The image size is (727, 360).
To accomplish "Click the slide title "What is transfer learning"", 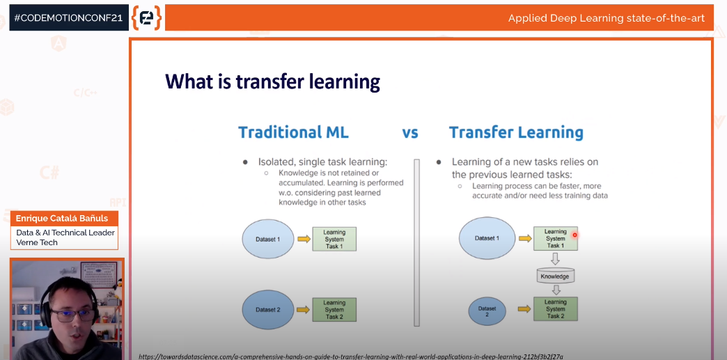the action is point(273,81).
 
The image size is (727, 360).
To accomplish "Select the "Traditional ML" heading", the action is point(293,133).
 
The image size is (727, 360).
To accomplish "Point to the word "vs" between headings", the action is point(410,134).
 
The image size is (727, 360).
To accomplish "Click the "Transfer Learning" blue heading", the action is point(516,133).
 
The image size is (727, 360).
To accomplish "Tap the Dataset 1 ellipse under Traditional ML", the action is point(268,239).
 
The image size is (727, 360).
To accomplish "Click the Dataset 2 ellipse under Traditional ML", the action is point(268,309).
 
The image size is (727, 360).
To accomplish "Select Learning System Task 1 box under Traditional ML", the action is point(334,239).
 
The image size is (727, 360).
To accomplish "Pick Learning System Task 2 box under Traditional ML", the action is point(334,309).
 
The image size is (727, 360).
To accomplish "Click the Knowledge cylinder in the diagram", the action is point(556,276).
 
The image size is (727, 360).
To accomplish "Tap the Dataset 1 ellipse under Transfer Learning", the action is point(487,238).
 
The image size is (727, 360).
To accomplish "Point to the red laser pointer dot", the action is point(575,235).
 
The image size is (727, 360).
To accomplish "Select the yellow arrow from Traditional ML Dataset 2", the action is point(304,309).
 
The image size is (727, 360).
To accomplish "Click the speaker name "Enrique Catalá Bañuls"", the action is point(62,218).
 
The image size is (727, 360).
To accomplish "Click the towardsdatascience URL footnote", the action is point(351,357).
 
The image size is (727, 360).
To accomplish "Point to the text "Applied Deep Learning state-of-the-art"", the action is point(607,19).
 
